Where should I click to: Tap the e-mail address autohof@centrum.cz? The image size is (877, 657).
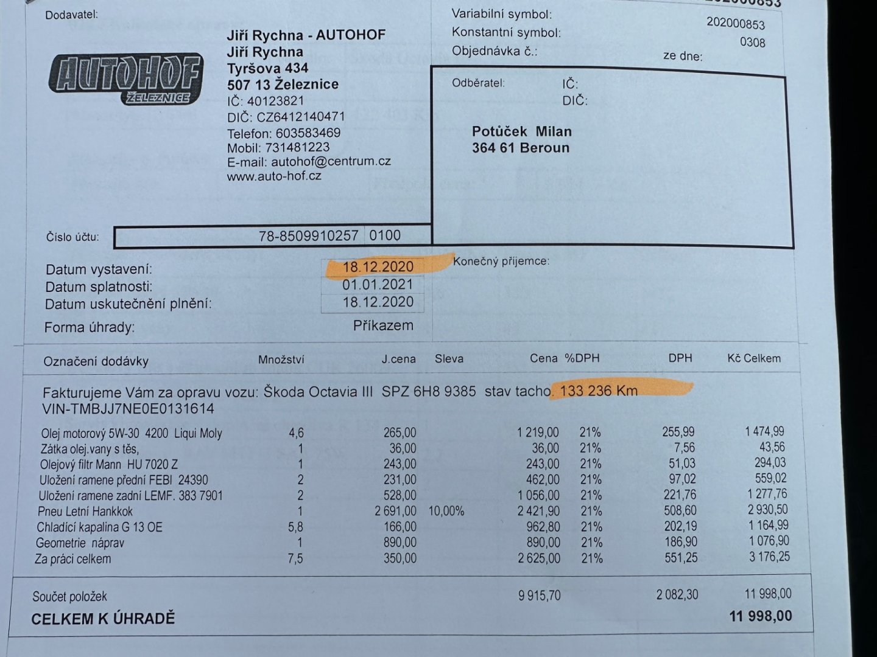point(331,162)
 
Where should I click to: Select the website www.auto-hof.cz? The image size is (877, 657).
point(274,176)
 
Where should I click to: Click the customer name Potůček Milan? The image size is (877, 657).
point(522,131)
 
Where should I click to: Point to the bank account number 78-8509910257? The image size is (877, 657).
point(308,236)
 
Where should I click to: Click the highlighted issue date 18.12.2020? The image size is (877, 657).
point(378,266)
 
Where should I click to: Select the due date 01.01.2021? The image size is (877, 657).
point(378,285)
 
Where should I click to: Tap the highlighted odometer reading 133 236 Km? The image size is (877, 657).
point(599,391)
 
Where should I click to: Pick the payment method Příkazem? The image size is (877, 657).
point(383,326)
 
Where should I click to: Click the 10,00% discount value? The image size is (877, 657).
point(446,511)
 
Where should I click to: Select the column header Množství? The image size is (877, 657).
point(281,360)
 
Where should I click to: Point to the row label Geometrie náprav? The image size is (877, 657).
point(80,543)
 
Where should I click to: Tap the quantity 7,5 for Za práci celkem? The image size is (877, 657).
point(295,558)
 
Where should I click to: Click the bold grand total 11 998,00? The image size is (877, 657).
point(761,616)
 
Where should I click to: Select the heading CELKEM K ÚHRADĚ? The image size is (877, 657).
point(103,619)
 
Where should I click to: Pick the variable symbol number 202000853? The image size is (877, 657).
point(735,23)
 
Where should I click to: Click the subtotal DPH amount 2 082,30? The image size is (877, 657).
point(677,594)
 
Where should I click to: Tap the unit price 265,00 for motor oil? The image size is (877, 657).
point(400,433)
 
